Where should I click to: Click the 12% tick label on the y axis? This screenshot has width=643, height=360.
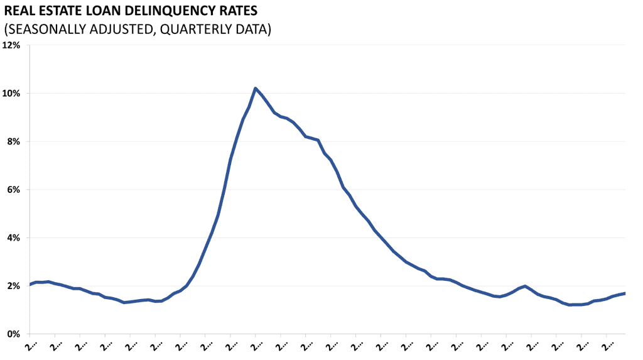[13, 45]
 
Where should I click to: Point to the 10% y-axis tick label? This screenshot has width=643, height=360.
[13, 94]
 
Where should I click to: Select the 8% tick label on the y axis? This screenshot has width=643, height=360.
[14, 141]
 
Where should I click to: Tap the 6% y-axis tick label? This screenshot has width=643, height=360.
[14, 190]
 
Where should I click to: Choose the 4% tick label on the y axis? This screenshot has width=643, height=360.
[14, 237]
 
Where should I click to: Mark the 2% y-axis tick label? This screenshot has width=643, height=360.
[14, 286]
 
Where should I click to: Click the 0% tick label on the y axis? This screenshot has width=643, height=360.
[14, 334]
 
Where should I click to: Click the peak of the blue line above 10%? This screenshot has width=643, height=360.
[256, 88]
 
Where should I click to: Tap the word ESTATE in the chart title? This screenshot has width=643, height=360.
[61, 11]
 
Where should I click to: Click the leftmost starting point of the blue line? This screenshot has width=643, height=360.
[30, 285]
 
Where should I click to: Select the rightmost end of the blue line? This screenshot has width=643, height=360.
[624, 293]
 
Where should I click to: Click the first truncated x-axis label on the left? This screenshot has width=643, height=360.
[31, 345]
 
